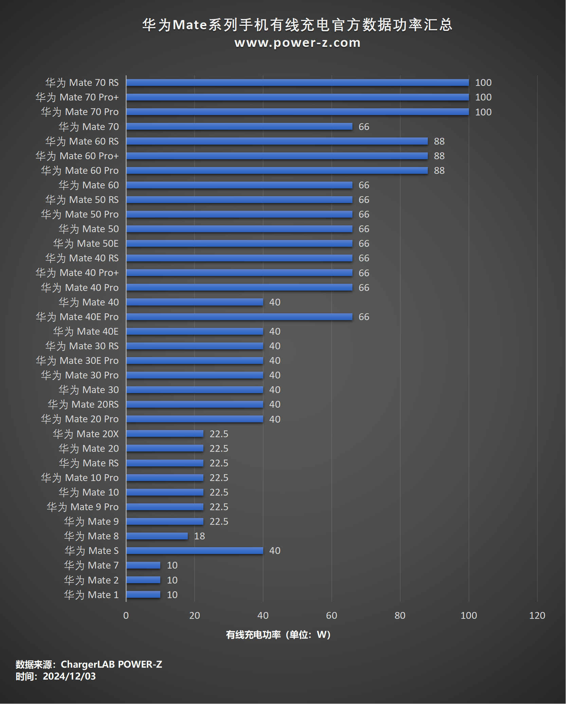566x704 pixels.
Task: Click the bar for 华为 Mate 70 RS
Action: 297,82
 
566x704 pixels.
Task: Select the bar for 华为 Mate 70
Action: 239,126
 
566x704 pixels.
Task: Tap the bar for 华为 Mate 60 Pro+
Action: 277,156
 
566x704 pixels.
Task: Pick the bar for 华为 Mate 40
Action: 195,302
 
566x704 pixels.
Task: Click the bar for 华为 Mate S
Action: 195,551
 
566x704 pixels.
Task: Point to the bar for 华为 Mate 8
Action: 157,536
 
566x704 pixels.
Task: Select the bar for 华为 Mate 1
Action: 143,595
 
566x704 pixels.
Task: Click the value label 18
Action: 199,536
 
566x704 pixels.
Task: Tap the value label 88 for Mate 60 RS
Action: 439,141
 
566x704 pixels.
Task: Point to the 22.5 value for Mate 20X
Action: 219,434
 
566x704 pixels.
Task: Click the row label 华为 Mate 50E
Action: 86,243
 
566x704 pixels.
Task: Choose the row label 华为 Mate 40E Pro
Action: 77,317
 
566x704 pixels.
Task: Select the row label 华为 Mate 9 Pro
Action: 83,507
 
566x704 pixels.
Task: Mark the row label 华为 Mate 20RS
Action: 83,404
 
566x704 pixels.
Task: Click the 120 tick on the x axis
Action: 537,615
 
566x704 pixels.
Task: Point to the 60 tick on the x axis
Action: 331,615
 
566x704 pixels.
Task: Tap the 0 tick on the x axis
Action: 126,615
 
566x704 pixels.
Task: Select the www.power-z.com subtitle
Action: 297,43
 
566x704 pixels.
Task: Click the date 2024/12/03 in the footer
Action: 69,676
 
